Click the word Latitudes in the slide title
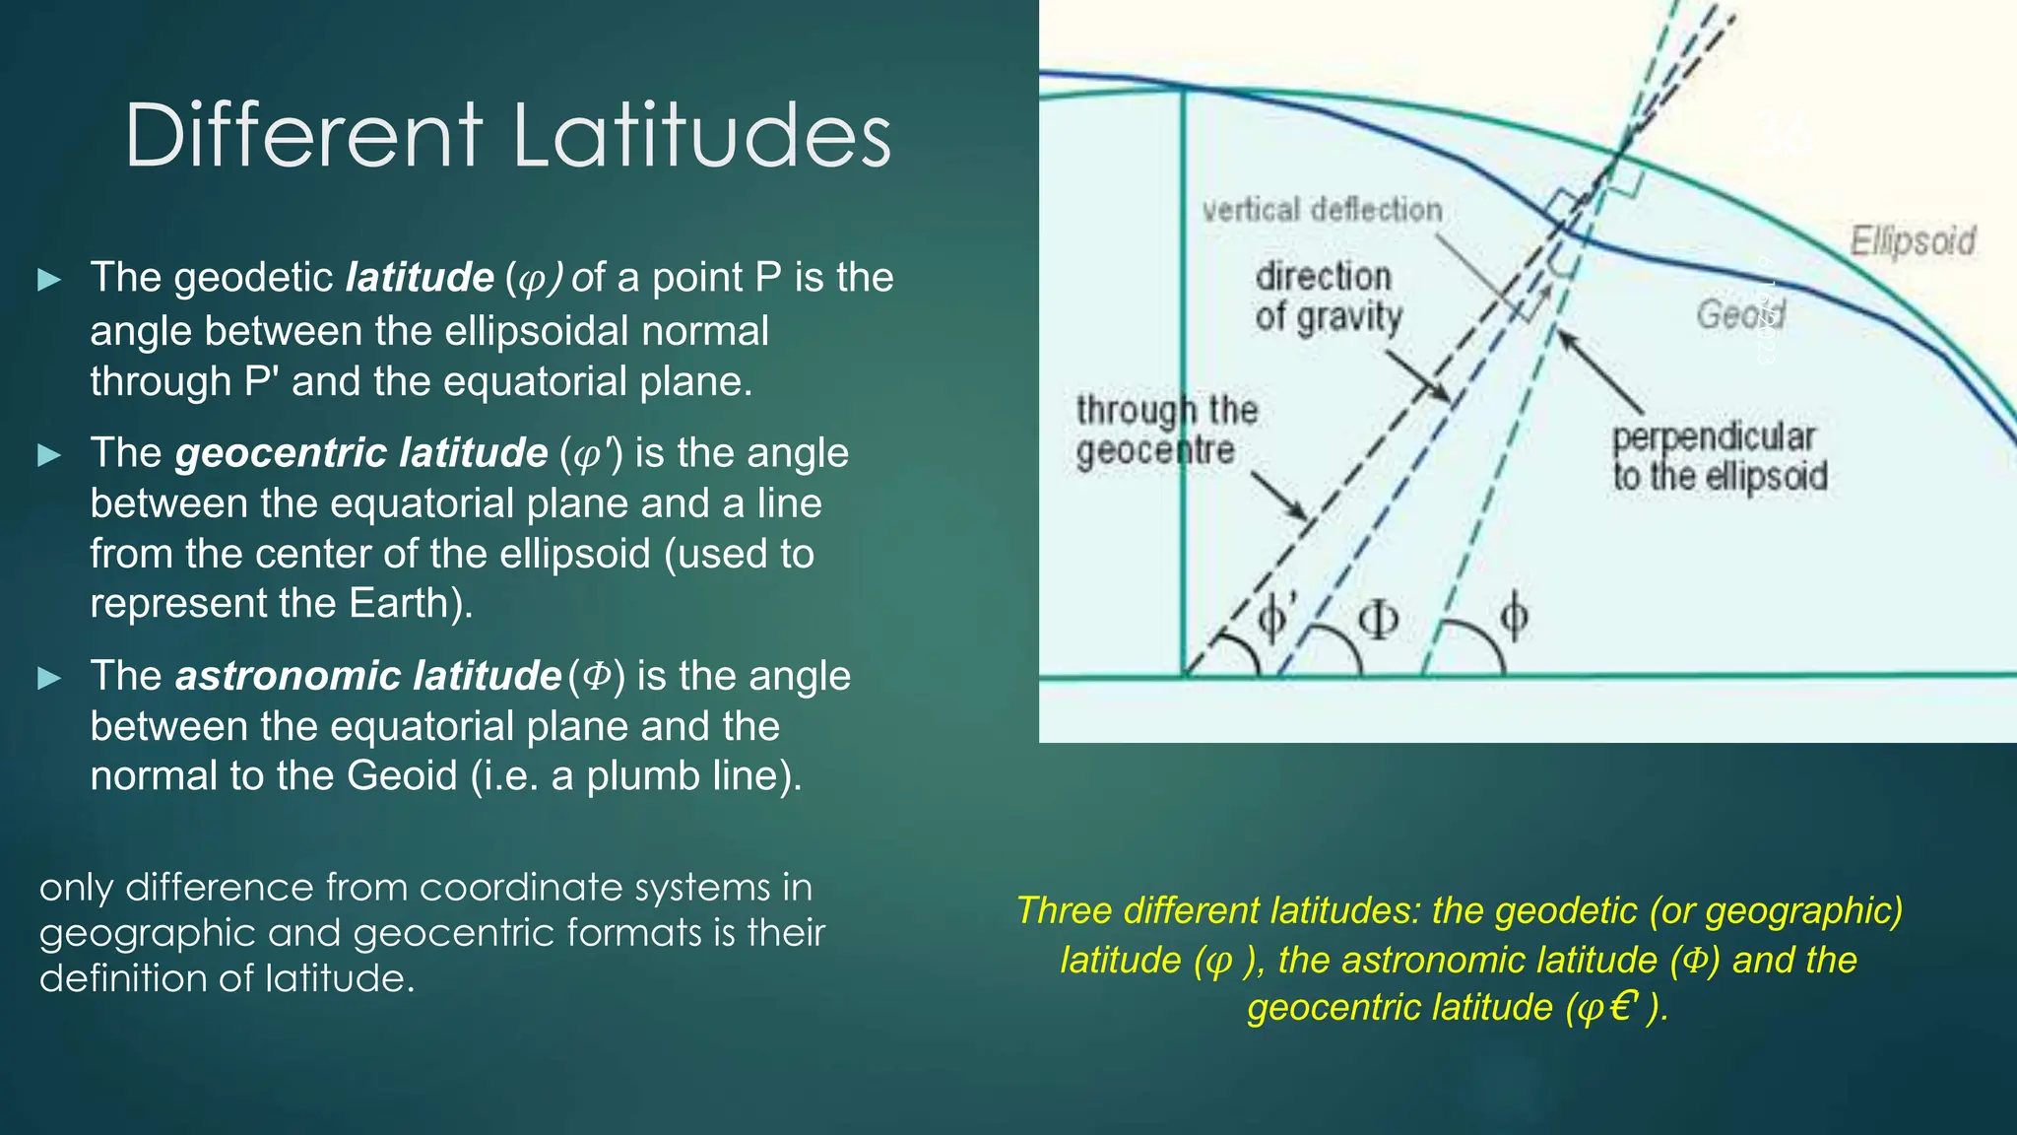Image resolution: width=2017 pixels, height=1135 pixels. pyautogui.click(x=702, y=136)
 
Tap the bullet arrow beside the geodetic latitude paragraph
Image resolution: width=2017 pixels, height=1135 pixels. pyautogui.click(x=49, y=280)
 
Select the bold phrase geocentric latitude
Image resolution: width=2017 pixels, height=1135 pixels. pyautogui.click(x=360, y=453)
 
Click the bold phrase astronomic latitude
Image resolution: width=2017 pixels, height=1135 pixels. pyautogui.click(x=367, y=676)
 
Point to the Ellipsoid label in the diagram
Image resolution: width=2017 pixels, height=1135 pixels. pyautogui.click(x=1912, y=241)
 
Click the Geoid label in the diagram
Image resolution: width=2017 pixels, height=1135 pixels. pyautogui.click(x=1738, y=314)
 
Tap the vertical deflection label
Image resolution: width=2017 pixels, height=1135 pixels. pyautogui.click(x=1322, y=210)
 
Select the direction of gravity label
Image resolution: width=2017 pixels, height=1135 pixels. pyautogui.click(x=1328, y=297)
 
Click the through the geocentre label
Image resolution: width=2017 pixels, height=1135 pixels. pyautogui.click(x=1165, y=430)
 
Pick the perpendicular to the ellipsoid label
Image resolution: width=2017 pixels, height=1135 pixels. pyautogui.click(x=1719, y=456)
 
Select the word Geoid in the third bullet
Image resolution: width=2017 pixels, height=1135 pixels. pyautogui.click(x=402, y=775)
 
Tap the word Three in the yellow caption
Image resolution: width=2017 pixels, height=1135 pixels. pyautogui.click(x=1063, y=910)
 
